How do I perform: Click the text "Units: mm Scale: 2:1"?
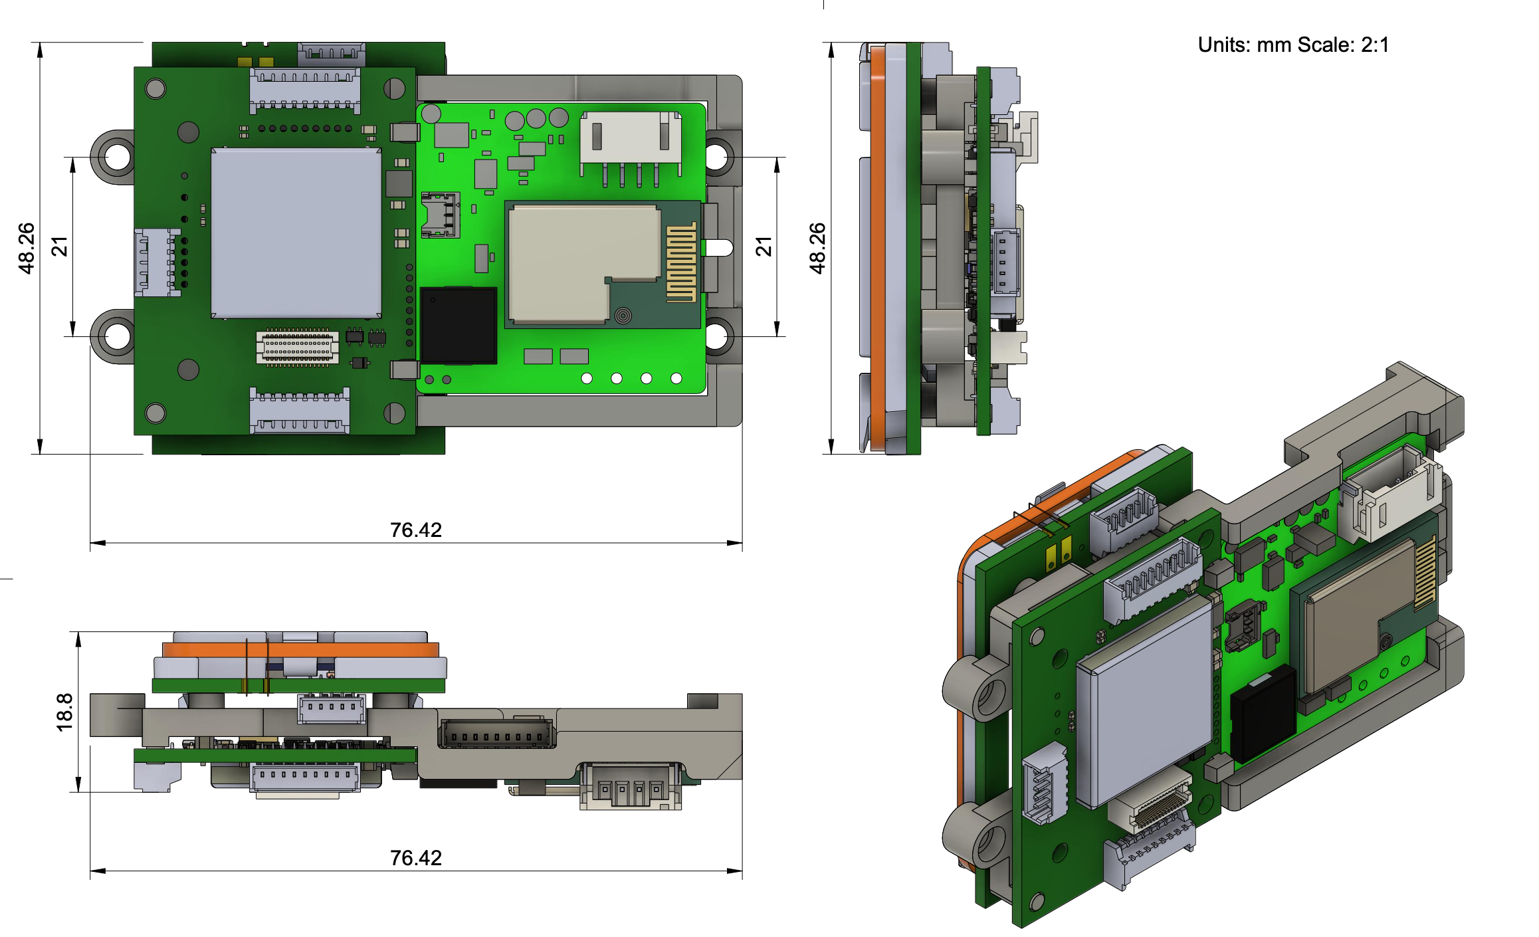tap(1292, 45)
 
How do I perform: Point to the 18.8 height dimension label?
tap(64, 712)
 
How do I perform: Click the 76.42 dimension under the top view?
tap(415, 530)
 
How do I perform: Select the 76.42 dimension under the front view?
tap(415, 858)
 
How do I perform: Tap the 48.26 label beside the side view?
tap(817, 248)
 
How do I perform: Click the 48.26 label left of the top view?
tap(26, 248)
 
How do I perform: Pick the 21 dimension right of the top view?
tap(764, 247)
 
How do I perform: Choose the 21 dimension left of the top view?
tap(60, 247)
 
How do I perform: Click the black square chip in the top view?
tap(459, 325)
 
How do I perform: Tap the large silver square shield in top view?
tap(296, 233)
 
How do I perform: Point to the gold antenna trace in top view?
tap(681, 262)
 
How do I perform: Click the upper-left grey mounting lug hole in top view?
tap(118, 157)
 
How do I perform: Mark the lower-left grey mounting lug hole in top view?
tap(118, 336)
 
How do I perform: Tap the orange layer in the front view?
tap(300, 649)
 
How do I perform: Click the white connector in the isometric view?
tap(1389, 495)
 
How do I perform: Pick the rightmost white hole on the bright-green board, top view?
tap(676, 378)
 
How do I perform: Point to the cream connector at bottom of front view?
tap(630, 787)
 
